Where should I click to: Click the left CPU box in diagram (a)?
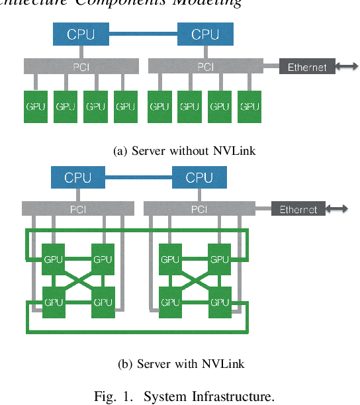coord(81,34)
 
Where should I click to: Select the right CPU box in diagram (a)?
coord(205,34)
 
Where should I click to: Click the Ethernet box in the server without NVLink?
coord(307,67)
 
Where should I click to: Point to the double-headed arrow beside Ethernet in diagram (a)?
coord(347,67)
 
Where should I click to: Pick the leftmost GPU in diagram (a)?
coord(36,107)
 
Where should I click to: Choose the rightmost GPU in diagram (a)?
coord(249,107)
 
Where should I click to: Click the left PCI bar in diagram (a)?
coord(81,67)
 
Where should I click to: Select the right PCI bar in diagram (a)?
coord(205,67)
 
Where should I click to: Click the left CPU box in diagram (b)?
coord(78,177)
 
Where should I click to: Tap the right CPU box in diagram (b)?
coord(199,177)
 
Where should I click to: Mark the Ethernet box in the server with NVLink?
coord(298,210)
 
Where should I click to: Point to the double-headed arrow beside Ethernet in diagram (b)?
coord(337,210)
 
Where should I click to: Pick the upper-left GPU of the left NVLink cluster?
coord(54,259)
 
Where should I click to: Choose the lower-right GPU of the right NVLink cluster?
coord(219,302)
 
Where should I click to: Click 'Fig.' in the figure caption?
coord(104,396)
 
